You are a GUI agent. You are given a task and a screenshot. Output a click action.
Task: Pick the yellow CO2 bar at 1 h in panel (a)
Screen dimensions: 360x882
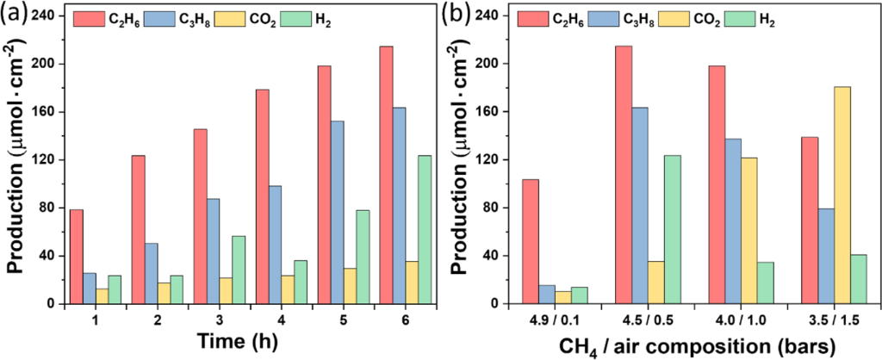coord(102,296)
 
